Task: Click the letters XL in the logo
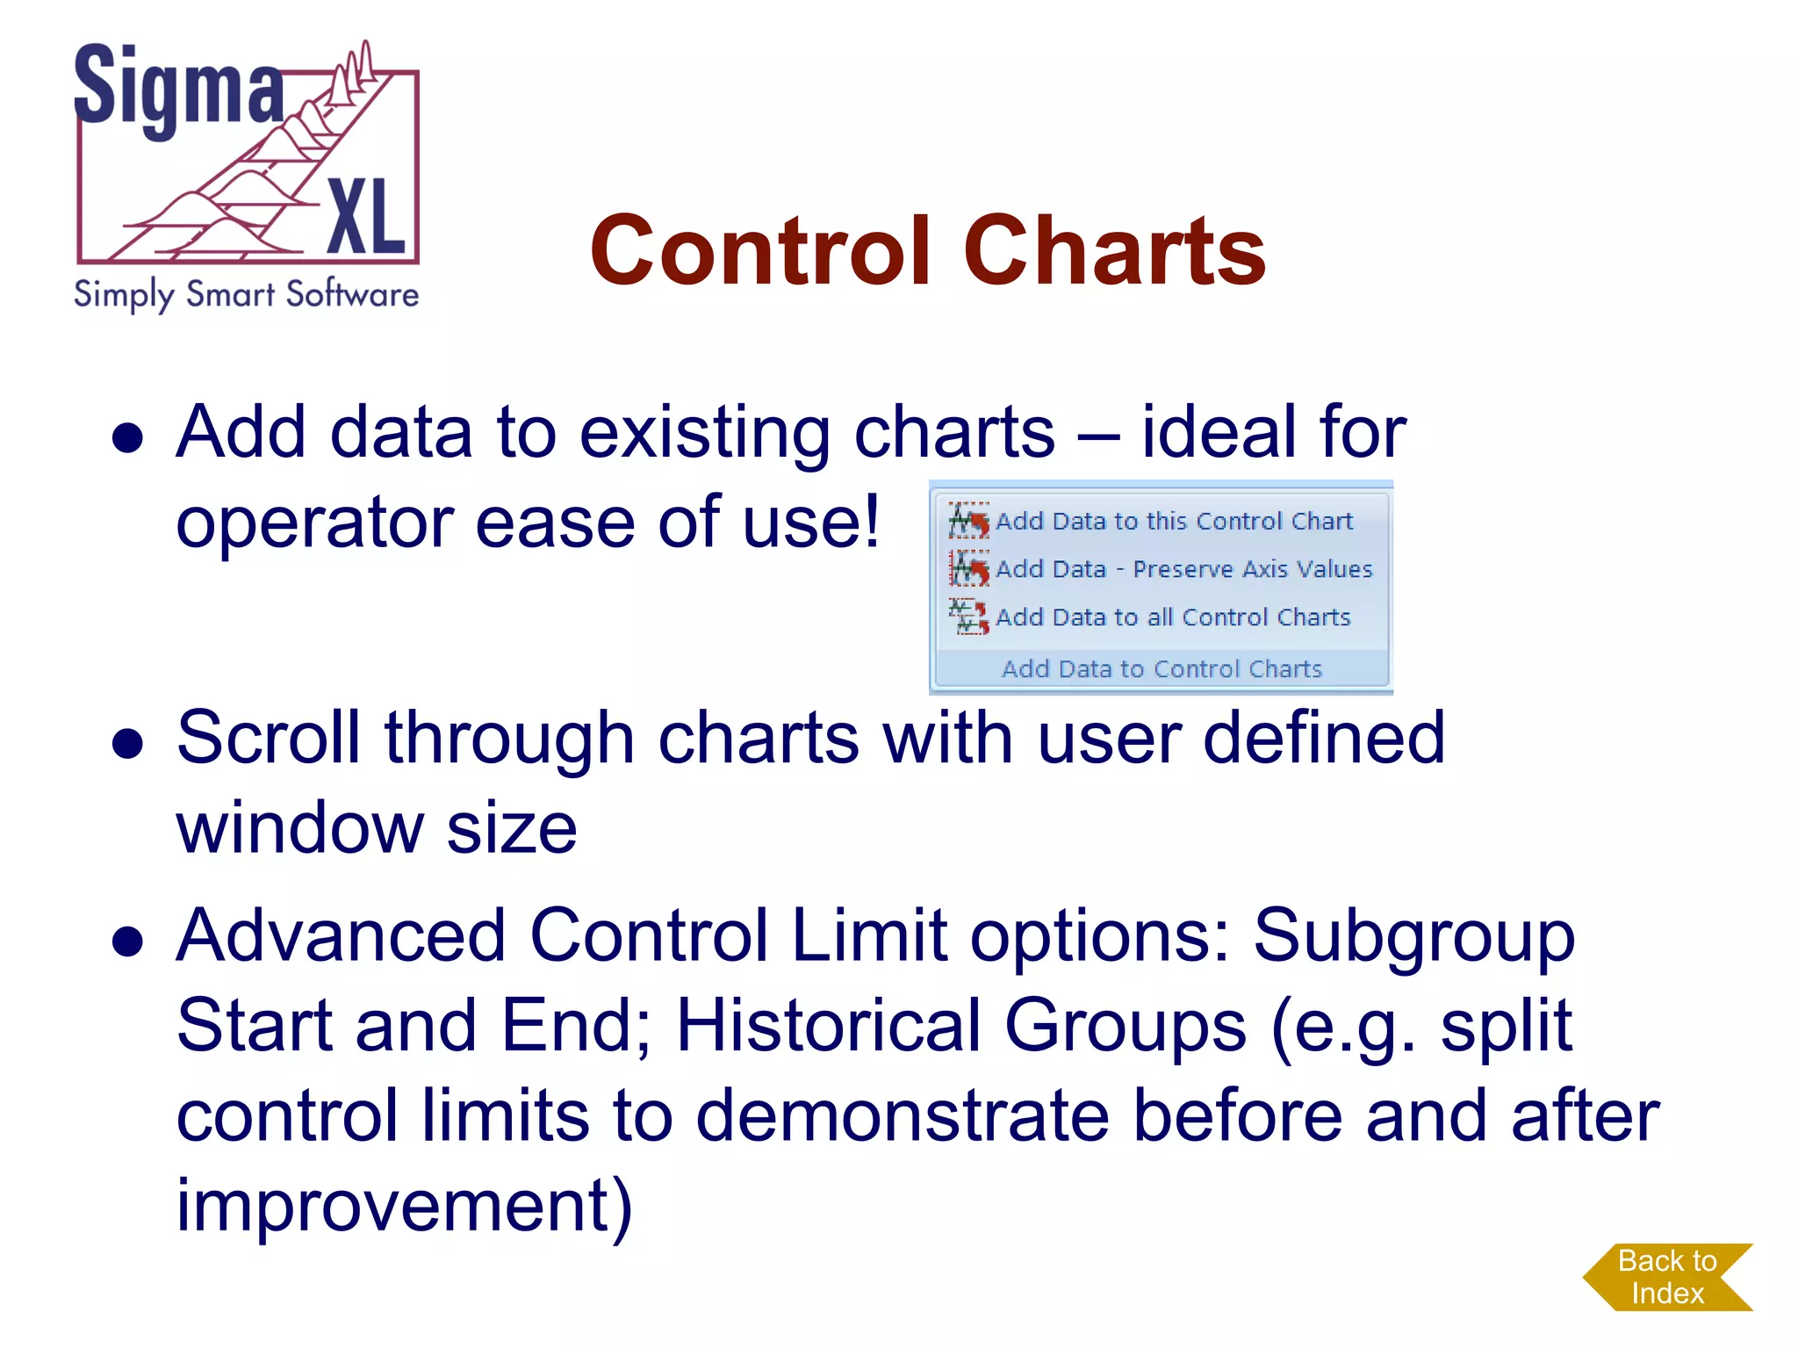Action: click(x=366, y=215)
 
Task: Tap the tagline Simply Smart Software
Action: click(x=246, y=294)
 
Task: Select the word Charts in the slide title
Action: click(x=1114, y=251)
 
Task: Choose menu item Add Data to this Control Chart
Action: click(x=1173, y=522)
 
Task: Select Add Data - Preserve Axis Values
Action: click(x=1183, y=569)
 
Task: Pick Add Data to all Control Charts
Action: click(x=1172, y=617)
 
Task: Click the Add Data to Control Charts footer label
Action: click(x=1162, y=669)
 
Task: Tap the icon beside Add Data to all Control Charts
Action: click(x=967, y=617)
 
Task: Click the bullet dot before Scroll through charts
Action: click(x=128, y=743)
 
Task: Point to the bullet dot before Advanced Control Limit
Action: click(x=128, y=941)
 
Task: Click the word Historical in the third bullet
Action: click(x=829, y=1025)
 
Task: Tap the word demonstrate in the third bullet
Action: click(x=903, y=1115)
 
